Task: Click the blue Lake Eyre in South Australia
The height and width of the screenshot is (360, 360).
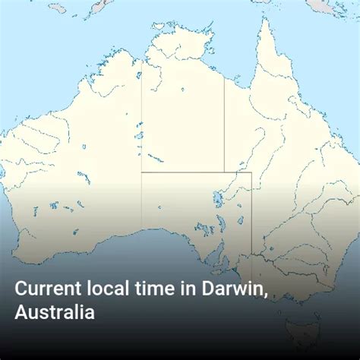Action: coord(219,199)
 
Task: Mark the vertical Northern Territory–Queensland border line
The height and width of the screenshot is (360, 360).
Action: coord(224,114)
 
